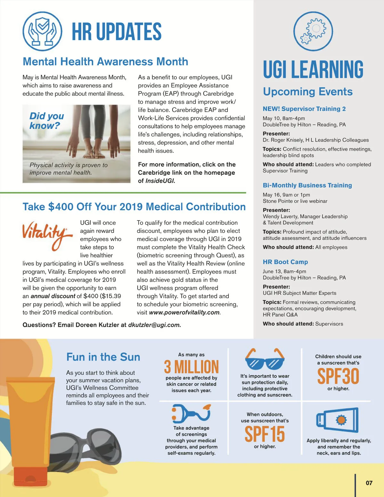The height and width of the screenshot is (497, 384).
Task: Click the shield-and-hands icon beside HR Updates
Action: point(43,31)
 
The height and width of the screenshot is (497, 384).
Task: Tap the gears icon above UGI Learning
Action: point(313,31)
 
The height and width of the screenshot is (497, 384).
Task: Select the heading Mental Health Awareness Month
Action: point(105,61)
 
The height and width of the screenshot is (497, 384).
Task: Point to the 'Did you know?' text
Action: point(46,121)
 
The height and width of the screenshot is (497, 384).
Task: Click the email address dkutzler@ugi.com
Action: point(154,325)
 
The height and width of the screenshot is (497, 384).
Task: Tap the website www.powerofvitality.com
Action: point(184,312)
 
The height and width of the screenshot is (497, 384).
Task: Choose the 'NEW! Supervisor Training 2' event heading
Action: point(304,109)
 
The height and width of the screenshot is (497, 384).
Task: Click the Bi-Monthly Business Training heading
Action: point(307,185)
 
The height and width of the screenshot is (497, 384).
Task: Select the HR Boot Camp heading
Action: point(285,262)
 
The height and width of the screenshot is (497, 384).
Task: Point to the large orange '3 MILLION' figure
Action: point(191,367)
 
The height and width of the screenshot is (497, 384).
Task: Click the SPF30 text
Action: point(338,376)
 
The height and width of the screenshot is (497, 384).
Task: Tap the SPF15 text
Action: point(265,434)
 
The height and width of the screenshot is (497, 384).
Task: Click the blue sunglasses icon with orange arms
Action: point(265,359)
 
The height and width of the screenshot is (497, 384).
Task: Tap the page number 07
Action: point(369,483)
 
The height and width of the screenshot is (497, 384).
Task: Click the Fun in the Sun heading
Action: point(103,357)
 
